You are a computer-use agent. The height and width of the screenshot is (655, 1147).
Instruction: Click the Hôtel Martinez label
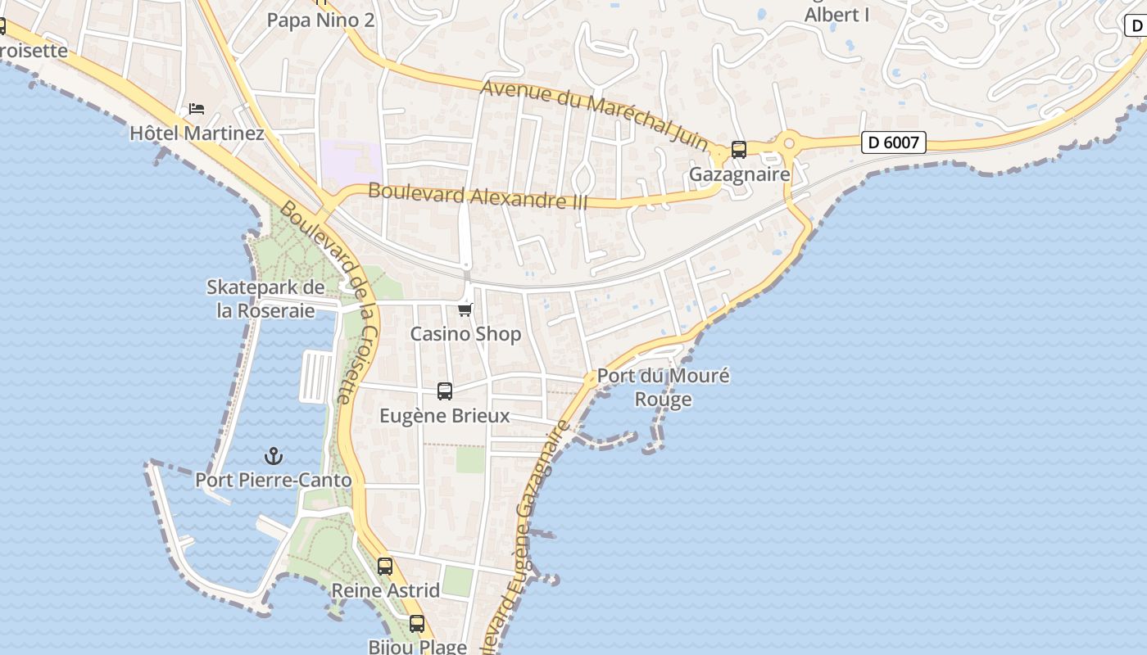tap(197, 133)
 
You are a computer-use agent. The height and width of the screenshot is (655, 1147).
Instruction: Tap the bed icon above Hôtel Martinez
tap(197, 108)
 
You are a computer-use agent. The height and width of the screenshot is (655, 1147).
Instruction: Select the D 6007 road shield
tap(894, 142)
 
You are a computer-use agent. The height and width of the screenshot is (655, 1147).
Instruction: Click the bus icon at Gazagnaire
tap(738, 150)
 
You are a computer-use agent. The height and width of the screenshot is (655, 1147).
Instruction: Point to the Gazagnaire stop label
tap(739, 174)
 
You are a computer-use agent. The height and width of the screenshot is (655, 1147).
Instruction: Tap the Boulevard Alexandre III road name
tap(478, 196)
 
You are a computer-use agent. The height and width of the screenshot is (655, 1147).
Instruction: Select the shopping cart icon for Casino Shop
tap(465, 309)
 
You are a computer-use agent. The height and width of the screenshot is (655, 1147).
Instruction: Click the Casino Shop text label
tap(465, 334)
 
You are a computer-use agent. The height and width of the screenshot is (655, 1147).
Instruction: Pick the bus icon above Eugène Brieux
tap(445, 391)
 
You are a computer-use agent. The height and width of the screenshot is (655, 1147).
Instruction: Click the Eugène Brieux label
tap(444, 416)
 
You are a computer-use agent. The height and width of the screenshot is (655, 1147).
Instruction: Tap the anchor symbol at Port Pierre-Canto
tap(274, 456)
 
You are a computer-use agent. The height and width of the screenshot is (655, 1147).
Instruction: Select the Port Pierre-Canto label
tap(273, 480)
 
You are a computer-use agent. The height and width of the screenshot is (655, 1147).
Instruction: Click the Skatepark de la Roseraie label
tap(265, 299)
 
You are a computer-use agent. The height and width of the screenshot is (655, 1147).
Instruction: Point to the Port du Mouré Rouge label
tap(663, 387)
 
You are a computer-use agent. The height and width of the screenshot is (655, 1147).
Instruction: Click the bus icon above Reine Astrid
tap(385, 566)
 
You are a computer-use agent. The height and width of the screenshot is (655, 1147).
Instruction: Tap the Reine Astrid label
tap(385, 590)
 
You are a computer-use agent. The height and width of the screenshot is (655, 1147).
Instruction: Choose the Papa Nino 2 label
tap(320, 20)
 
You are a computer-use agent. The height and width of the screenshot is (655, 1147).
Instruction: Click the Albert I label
tap(836, 15)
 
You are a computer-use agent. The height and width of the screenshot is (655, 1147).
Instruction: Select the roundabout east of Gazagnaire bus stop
tap(789, 143)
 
